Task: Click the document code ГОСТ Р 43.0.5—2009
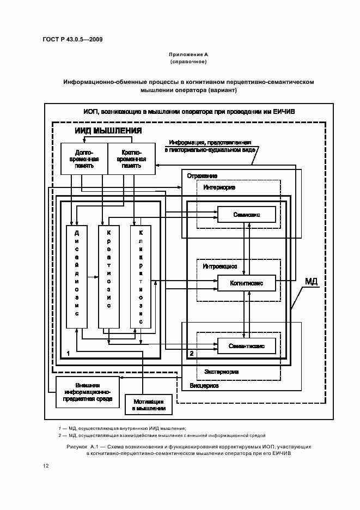coord(72,40)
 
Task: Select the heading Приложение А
coord(188,54)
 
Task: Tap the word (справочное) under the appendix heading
coord(188,62)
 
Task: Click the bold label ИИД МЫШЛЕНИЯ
coord(108,131)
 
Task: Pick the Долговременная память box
coord(84,159)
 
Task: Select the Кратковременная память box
coord(131,159)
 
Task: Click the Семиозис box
coord(246,215)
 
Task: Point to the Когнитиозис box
coord(246,283)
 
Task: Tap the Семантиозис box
coord(246,345)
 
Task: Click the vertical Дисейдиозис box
coord(76,276)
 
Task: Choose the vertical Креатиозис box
coord(108,276)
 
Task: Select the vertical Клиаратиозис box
coord(141,276)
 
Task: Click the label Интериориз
coord(219,187)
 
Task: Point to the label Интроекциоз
coord(219,266)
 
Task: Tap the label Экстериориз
coord(221,372)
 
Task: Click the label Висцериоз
coord(204,385)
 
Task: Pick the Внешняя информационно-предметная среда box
coord(87,391)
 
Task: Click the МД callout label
coord(311,281)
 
